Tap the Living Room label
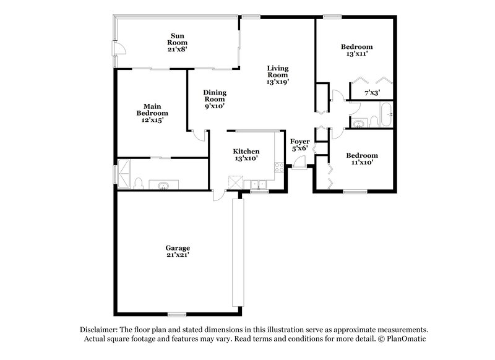tap(277, 74)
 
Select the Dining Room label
tap(215, 99)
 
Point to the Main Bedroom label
tap(152, 113)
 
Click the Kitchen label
tap(246, 155)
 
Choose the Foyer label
tap(300, 145)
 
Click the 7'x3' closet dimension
tap(371, 93)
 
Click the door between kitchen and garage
tap(218, 195)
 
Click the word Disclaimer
tap(100, 330)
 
